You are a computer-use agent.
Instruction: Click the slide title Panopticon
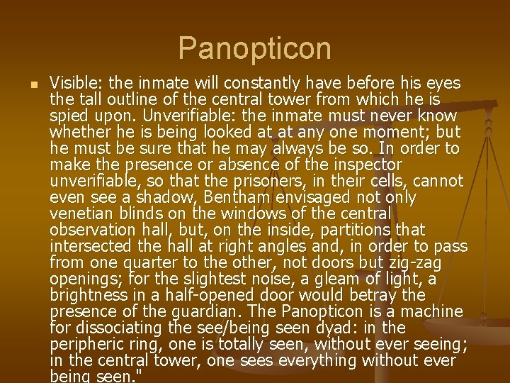pyautogui.click(x=254, y=48)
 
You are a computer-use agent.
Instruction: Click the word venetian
pyautogui.click(x=79, y=213)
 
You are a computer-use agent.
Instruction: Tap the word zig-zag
pyautogui.click(x=434, y=262)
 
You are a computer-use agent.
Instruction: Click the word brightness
pyautogui.click(x=89, y=295)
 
